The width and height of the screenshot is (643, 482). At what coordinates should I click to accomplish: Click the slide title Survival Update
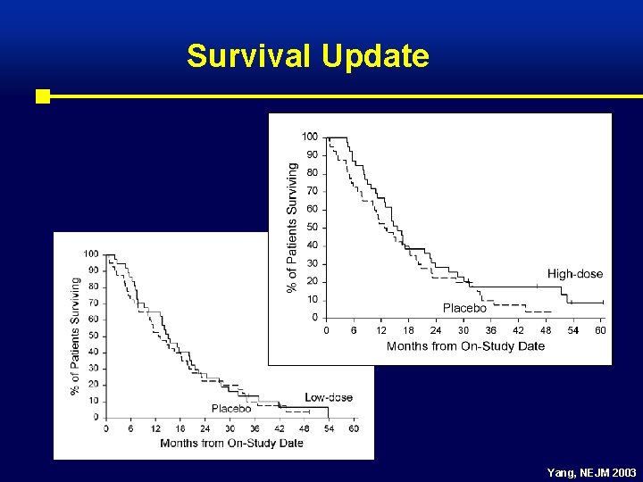pyautogui.click(x=308, y=56)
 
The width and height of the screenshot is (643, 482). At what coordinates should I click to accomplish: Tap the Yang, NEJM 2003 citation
pyautogui.click(x=593, y=471)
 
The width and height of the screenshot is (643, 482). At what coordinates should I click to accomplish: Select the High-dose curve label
pyautogui.click(x=575, y=274)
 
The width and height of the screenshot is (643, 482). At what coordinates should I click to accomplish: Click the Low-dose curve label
pyautogui.click(x=329, y=397)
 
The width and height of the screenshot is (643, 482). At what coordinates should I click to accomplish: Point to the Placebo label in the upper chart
pyautogui.click(x=464, y=308)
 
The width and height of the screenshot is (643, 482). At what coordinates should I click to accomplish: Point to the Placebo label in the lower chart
pyautogui.click(x=231, y=409)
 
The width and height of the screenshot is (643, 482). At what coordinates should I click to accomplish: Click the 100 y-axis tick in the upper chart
pyautogui.click(x=309, y=137)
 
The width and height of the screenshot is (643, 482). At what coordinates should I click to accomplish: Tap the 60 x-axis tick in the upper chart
pyautogui.click(x=600, y=330)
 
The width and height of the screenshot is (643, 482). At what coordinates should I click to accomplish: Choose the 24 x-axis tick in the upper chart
pyautogui.click(x=436, y=330)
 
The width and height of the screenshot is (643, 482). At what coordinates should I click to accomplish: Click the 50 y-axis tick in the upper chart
pyautogui.click(x=312, y=227)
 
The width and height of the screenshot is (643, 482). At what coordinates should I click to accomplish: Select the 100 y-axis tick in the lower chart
pyautogui.click(x=91, y=254)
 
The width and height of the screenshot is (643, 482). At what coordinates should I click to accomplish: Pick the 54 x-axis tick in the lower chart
pyautogui.click(x=329, y=429)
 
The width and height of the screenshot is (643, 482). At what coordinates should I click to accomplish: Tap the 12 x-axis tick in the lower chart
pyautogui.click(x=155, y=429)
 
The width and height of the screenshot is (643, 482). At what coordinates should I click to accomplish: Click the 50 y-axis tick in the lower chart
pyautogui.click(x=94, y=336)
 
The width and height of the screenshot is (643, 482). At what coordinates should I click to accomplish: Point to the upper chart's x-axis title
pyautogui.click(x=465, y=346)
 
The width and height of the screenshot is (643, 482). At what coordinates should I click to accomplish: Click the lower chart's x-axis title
pyautogui.click(x=231, y=444)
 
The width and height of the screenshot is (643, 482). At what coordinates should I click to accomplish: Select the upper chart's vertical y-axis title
pyautogui.click(x=292, y=226)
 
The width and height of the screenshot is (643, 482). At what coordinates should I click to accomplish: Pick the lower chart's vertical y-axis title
pyautogui.click(x=75, y=336)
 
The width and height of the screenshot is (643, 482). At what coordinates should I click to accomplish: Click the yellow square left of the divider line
pyautogui.click(x=42, y=96)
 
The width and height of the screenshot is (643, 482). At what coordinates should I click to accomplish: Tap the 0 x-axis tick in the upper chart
pyautogui.click(x=326, y=330)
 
